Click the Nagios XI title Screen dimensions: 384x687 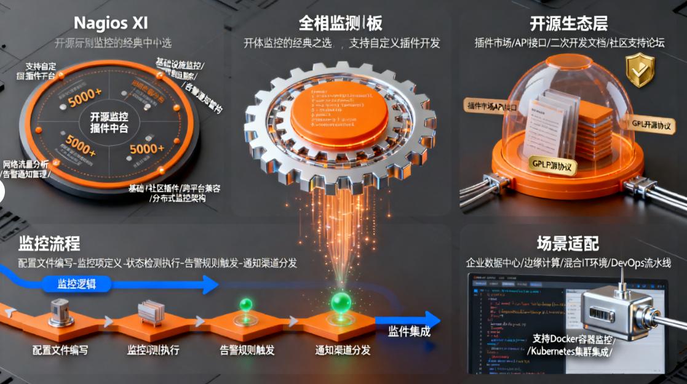click(x=110, y=23)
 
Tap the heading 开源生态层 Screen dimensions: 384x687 click(x=569, y=23)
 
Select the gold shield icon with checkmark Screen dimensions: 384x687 click(x=640, y=70)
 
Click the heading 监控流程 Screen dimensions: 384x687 click(x=49, y=243)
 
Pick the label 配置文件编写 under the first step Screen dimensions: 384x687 click(x=60, y=350)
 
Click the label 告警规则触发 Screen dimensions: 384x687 click(x=247, y=350)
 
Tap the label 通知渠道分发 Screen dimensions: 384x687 click(x=343, y=350)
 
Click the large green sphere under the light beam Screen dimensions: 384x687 click(x=341, y=302)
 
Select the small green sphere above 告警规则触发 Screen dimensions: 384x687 click(x=246, y=305)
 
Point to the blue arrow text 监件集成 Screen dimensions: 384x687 click(x=409, y=332)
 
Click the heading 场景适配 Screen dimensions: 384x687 click(x=568, y=243)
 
